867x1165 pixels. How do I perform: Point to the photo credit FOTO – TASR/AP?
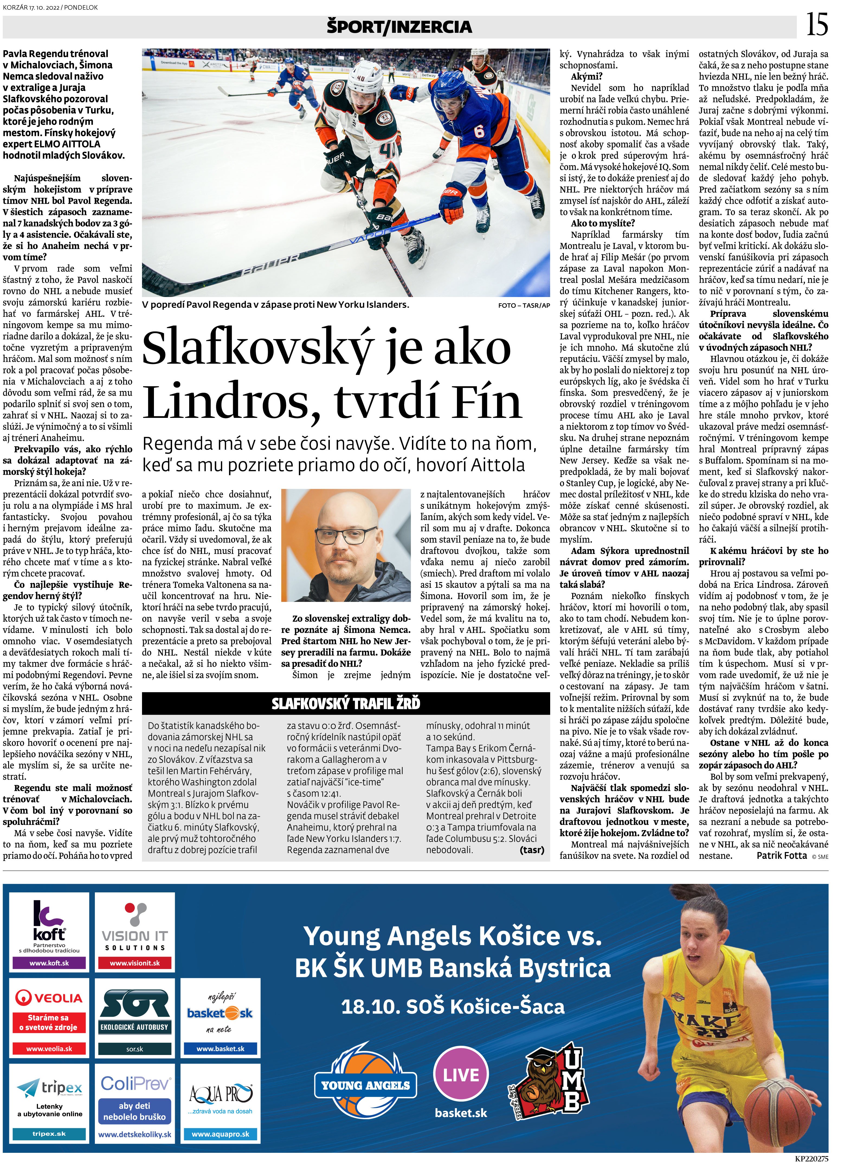coord(524,305)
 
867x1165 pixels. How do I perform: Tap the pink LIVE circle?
coord(461,1075)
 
